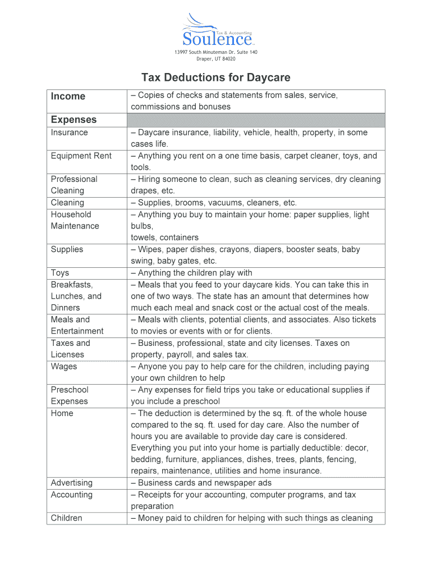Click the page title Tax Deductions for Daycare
click(215, 77)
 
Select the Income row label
click(68, 96)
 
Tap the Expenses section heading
click(73, 120)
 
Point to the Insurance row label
click(69, 133)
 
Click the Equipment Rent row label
click(81, 156)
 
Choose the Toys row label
click(60, 273)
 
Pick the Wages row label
click(64, 366)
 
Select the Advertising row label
click(71, 483)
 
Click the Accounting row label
click(71, 495)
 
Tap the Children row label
click(66, 518)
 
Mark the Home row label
click(62, 413)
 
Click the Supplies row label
click(67, 249)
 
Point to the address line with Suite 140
click(215, 52)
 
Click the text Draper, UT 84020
click(215, 58)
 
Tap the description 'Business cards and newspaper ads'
click(201, 483)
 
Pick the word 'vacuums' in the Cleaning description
click(232, 203)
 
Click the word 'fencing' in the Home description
click(340, 459)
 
